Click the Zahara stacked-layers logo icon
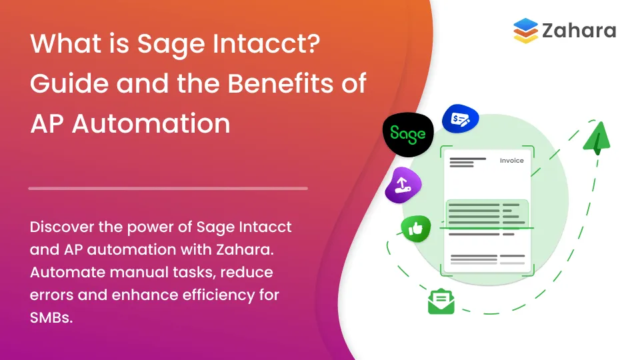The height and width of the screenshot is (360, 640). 525,31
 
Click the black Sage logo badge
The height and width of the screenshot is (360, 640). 408,133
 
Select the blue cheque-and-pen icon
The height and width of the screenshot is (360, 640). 461,119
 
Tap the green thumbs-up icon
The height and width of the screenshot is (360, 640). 416,229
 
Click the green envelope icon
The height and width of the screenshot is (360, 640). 441,301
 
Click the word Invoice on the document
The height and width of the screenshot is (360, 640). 512,161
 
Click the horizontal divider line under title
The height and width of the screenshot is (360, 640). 168,189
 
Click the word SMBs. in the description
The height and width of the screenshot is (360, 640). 51,318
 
